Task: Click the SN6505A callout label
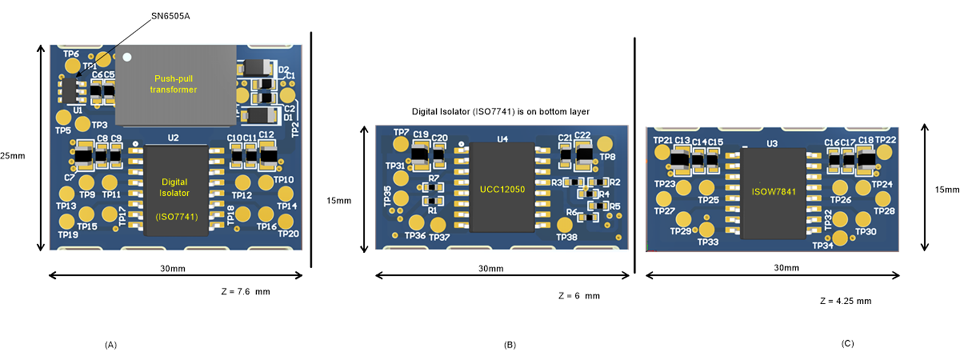(170, 16)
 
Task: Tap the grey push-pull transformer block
(175, 85)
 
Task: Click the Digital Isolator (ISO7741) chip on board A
(175, 191)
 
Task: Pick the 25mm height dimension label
(13, 156)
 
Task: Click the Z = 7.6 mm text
(245, 292)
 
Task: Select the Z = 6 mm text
(579, 296)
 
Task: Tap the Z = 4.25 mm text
(845, 301)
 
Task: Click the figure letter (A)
(111, 345)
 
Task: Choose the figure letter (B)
(510, 345)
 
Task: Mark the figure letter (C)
(847, 344)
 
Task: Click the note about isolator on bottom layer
(500, 112)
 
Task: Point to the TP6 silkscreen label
(71, 54)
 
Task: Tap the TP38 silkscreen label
(566, 237)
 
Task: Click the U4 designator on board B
(502, 139)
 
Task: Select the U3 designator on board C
(772, 143)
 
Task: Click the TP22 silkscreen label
(886, 140)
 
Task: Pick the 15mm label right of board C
(947, 190)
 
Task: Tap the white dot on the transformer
(127, 57)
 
